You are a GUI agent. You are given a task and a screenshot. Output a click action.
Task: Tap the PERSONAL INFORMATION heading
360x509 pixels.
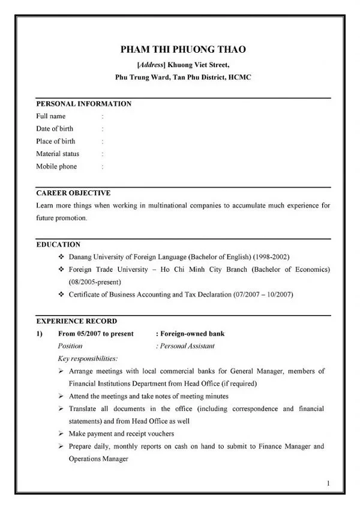(x=83, y=104)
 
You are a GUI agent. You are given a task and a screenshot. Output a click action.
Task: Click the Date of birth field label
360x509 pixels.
(x=55, y=128)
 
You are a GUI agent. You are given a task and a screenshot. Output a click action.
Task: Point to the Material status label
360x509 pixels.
(x=58, y=154)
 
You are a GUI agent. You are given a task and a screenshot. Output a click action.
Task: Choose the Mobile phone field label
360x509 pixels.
(x=56, y=166)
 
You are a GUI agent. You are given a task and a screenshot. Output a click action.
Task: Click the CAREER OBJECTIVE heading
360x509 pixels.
(x=73, y=193)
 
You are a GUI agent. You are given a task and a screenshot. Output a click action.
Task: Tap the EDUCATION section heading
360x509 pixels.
(x=58, y=244)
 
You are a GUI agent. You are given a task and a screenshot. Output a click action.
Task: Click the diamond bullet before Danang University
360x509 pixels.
(x=62, y=257)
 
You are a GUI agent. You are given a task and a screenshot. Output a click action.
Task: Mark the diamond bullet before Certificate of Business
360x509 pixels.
(x=62, y=295)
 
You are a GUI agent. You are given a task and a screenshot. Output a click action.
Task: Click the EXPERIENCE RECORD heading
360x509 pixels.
(x=77, y=321)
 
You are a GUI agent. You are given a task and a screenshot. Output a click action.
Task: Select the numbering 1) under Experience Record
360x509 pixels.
(x=40, y=334)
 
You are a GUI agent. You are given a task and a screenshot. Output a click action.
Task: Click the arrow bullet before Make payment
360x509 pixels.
(x=62, y=433)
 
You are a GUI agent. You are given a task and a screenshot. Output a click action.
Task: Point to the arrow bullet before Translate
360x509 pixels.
(x=62, y=409)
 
